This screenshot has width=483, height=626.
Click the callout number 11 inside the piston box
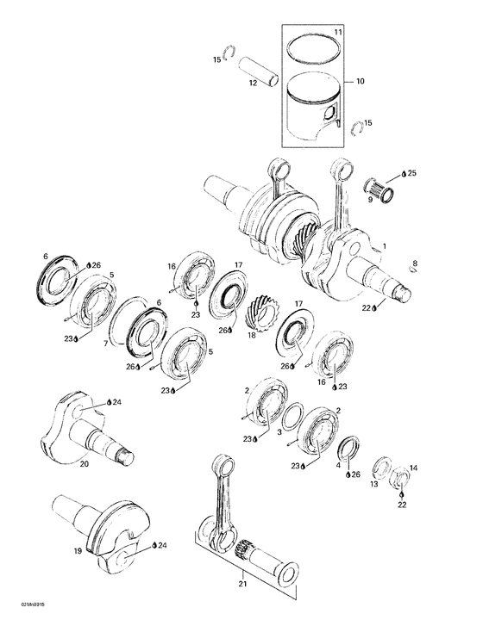(x=338, y=32)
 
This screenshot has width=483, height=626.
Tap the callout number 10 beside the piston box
(x=359, y=81)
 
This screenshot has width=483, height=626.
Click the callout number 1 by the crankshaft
(x=385, y=246)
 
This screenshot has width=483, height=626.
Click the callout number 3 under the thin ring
(x=278, y=433)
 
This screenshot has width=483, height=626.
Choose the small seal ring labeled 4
(x=350, y=450)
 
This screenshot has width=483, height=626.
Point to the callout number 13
(x=375, y=485)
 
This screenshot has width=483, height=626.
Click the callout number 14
(x=413, y=468)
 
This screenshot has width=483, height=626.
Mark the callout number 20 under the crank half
(x=85, y=465)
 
